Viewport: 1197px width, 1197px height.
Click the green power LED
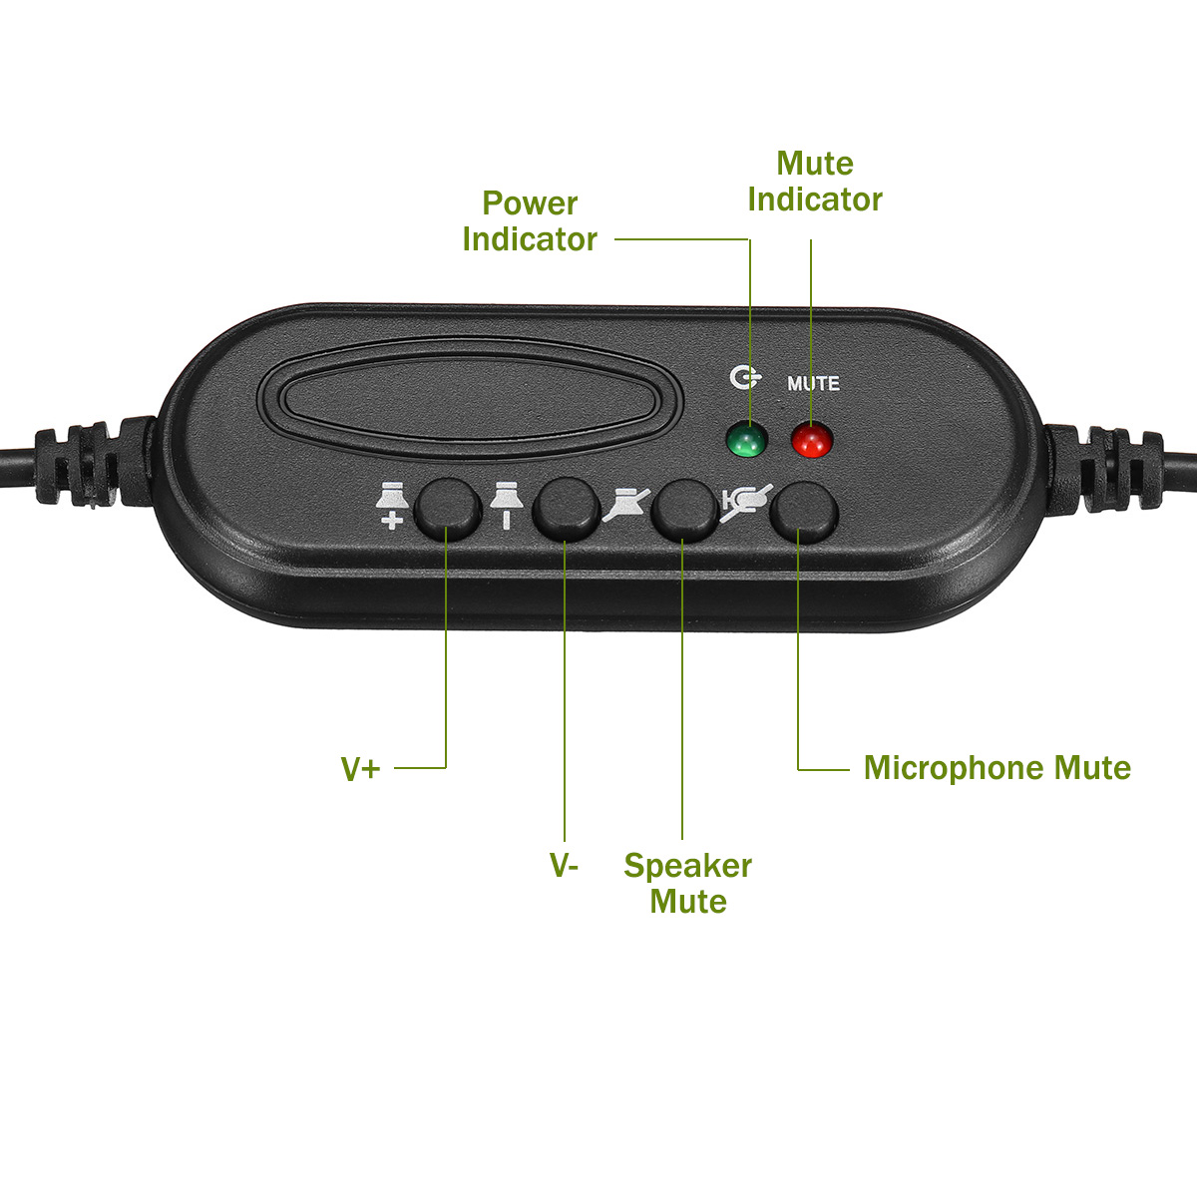point(745,440)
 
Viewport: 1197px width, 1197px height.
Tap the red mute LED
point(811,440)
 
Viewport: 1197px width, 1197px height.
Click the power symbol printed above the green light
point(744,378)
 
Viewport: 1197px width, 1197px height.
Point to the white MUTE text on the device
point(813,383)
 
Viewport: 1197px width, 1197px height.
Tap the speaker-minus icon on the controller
point(506,505)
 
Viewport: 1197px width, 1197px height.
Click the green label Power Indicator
point(530,221)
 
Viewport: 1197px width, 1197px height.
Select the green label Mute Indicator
point(815,182)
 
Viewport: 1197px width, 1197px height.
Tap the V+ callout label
point(361,769)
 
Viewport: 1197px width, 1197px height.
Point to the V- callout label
point(564,865)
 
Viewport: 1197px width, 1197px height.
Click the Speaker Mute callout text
point(687,883)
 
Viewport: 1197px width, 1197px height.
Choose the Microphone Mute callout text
point(997,768)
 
